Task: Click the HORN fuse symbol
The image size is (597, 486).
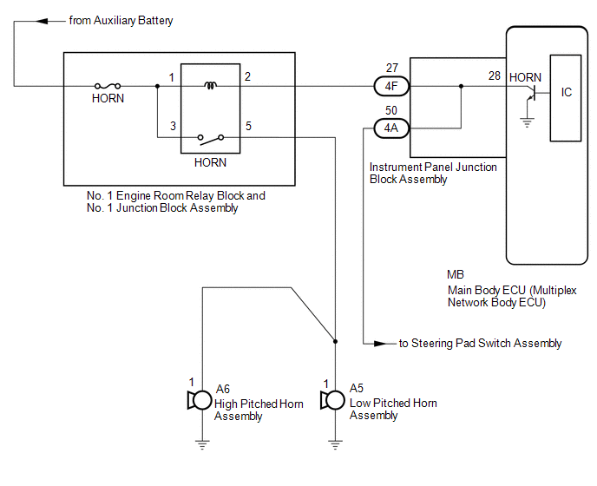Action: pos(108,86)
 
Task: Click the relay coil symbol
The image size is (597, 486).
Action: pos(211,85)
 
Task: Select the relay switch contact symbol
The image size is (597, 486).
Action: pos(211,139)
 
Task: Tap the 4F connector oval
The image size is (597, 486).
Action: pos(391,86)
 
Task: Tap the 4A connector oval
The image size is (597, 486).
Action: pos(391,128)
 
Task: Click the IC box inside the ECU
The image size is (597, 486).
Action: pos(566,98)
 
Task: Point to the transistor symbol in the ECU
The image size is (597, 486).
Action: pos(532,94)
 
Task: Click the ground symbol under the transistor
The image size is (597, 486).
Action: pos(527,122)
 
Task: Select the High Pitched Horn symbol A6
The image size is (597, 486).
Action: pos(200,400)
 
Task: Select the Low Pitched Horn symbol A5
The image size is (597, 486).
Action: pos(332,400)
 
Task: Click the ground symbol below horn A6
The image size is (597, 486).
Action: pos(202,444)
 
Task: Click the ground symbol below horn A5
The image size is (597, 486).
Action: pos(335,444)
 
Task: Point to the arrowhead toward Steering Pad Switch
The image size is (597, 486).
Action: pos(379,344)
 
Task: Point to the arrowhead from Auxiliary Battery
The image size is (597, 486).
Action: pos(42,21)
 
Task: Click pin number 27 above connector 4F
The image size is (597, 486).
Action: pos(392,68)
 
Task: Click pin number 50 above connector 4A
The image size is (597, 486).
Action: pos(391,110)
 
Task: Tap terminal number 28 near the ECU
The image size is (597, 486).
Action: pos(495,76)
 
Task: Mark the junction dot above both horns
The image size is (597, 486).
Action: pos(335,341)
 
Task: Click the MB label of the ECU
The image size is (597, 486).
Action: pos(456,274)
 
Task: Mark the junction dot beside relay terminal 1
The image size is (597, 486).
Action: pos(157,86)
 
